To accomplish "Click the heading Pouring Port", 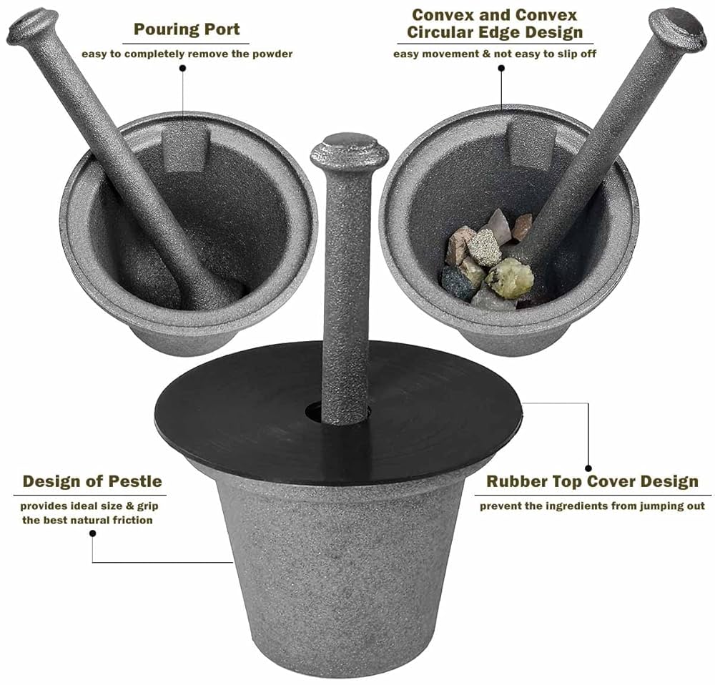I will (x=187, y=30).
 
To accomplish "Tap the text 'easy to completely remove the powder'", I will (x=187, y=54).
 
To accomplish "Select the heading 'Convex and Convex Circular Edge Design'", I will (x=495, y=24).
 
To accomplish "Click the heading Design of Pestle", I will (x=92, y=481).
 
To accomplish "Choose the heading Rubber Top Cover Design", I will (x=592, y=481).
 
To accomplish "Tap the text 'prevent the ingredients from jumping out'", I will (x=592, y=506).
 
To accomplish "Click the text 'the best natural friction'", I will (x=87, y=520).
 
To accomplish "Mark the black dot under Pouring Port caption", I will (x=182, y=69).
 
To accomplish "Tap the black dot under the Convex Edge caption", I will (x=501, y=69).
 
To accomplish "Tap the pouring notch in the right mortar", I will (x=530, y=142).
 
